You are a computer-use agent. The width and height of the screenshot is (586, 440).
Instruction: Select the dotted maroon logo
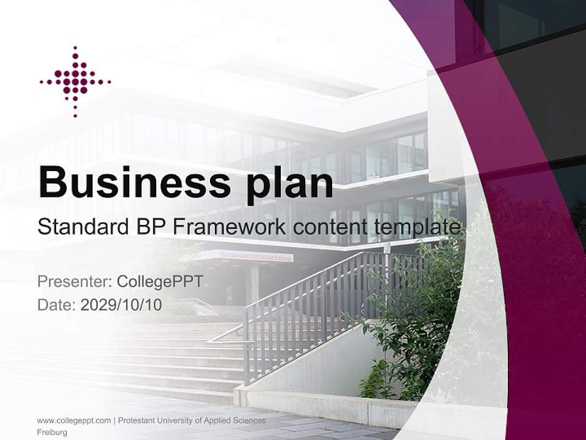[75, 81]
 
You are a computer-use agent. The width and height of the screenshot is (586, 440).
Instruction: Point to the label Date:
[57, 305]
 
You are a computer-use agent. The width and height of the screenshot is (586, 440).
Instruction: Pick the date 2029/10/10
[121, 305]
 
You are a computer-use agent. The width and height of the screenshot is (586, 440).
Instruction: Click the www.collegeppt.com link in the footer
[74, 420]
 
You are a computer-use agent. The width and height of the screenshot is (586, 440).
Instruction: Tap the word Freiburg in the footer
[52, 433]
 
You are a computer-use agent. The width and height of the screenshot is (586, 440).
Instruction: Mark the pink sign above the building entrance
[247, 255]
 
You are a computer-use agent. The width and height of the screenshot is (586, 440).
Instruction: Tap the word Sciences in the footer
[251, 420]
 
